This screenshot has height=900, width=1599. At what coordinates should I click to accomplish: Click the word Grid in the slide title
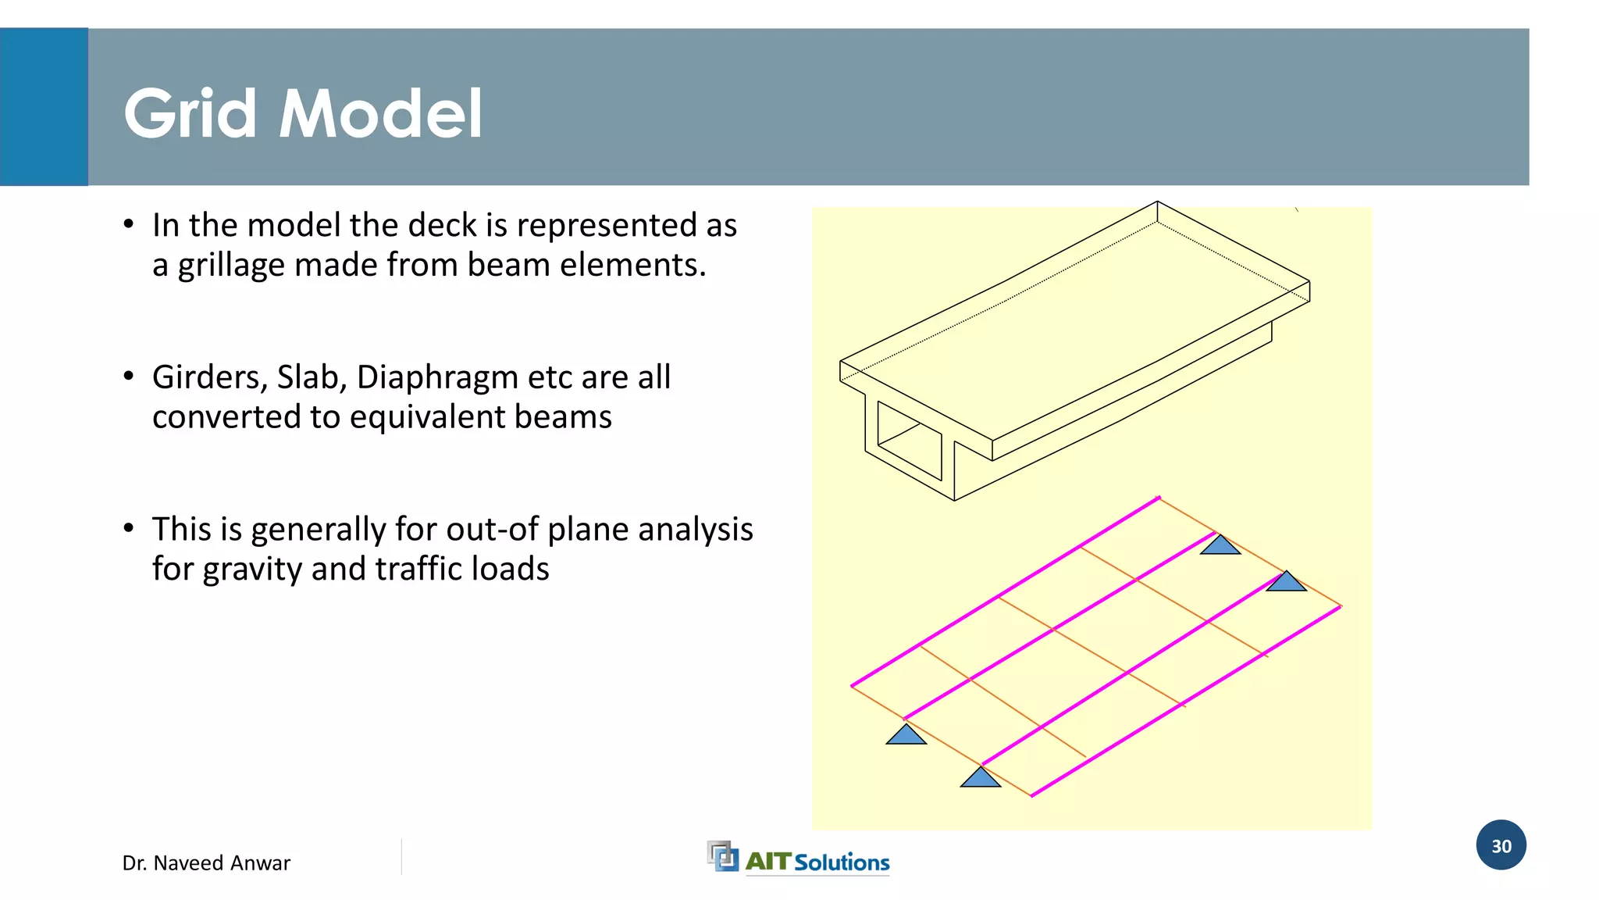coord(190,114)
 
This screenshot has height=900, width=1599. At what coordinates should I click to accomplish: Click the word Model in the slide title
coord(380,114)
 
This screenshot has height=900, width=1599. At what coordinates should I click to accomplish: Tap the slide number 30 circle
coord(1501,845)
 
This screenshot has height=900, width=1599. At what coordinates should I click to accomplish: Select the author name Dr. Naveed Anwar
coord(206,862)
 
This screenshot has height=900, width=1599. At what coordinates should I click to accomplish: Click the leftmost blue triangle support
coord(906,735)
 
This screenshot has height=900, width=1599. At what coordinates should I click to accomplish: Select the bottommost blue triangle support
coord(980,778)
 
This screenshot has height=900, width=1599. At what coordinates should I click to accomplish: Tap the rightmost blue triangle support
coord(1286,582)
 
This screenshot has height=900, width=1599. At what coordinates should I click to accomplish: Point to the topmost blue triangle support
coord(1220,545)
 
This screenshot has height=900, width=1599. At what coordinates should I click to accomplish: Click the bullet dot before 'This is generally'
coord(129,528)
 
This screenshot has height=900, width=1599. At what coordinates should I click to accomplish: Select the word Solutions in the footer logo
coord(842,862)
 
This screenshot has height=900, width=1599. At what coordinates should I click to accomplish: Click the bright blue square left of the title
coord(44,107)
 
